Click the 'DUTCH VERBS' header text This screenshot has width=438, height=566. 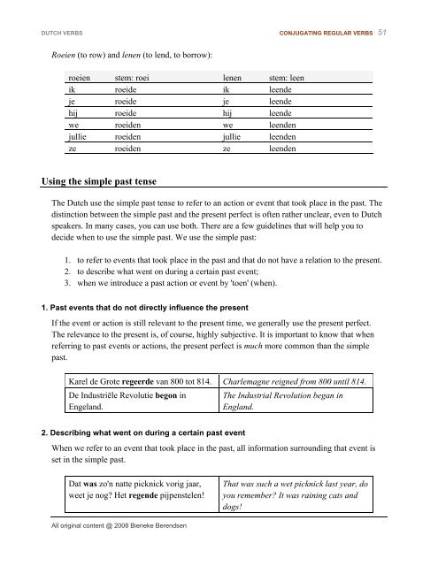[x=50, y=34]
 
